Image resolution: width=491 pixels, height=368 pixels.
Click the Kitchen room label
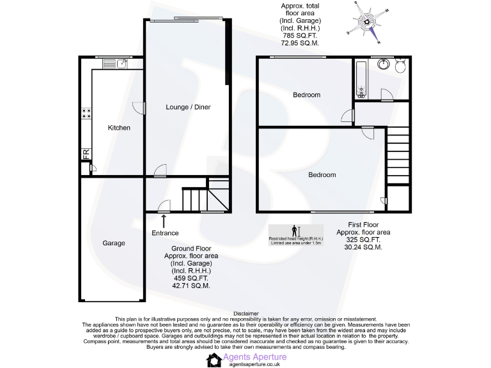[119, 128]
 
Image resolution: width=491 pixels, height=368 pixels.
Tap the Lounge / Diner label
[188, 107]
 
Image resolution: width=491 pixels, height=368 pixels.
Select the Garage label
[114, 243]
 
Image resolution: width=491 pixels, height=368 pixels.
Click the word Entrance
[165, 233]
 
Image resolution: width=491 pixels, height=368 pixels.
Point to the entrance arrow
[164, 220]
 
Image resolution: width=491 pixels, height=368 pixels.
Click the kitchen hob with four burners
[86, 113]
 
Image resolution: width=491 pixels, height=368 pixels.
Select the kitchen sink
[122, 63]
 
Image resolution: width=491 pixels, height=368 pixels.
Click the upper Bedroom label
[306, 95]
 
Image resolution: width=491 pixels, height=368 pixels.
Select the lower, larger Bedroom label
[322, 174]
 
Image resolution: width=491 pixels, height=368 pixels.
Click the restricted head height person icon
[295, 231]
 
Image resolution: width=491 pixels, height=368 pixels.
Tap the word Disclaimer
[246, 314]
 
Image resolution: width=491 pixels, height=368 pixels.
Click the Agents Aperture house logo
[214, 360]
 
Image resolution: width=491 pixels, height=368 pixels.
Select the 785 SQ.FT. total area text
[299, 36]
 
